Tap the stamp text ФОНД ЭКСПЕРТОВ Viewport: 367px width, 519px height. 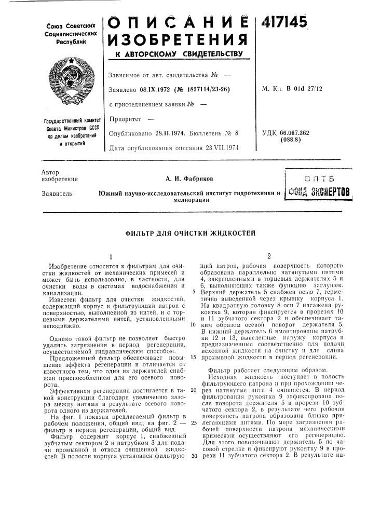click(324, 192)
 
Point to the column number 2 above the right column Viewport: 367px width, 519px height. click(268, 255)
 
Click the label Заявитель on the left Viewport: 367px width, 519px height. click(53, 194)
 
